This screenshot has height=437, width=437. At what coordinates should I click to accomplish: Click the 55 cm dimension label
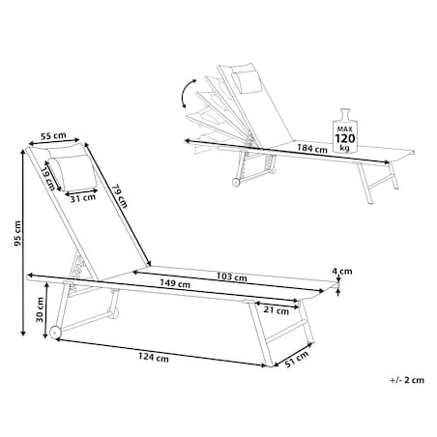pyautogui.click(x=53, y=135)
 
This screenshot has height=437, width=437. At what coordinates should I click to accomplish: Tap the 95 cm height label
pyautogui.click(x=17, y=233)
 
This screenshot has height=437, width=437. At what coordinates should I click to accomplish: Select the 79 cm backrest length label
pyautogui.click(x=120, y=195)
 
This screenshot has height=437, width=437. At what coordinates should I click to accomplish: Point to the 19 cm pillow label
pyautogui.click(x=47, y=179)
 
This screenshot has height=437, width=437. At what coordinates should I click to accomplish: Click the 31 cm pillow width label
pyautogui.click(x=83, y=198)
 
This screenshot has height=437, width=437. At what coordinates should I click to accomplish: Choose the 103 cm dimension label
pyautogui.click(x=232, y=277)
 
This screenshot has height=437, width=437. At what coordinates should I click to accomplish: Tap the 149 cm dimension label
pyautogui.click(x=175, y=283)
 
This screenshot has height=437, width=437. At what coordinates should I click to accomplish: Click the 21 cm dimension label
pyautogui.click(x=277, y=310)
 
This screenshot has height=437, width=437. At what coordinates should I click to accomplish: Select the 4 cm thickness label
pyautogui.click(x=342, y=272)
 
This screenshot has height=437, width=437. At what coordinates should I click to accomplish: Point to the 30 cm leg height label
pyautogui.click(x=40, y=309)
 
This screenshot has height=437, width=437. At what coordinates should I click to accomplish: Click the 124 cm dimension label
pyautogui.click(x=154, y=358)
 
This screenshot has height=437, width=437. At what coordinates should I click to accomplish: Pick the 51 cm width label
pyautogui.click(x=297, y=359)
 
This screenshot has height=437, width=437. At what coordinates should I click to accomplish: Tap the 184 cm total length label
pyautogui.click(x=312, y=149)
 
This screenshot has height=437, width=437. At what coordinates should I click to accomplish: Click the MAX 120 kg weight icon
pyautogui.click(x=345, y=131)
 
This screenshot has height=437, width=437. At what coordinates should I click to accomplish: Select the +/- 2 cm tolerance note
pyautogui.click(x=407, y=380)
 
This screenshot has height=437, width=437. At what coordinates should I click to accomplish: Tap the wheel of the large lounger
pyautogui.click(x=55, y=333)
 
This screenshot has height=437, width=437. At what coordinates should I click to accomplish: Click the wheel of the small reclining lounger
pyautogui.click(x=236, y=183)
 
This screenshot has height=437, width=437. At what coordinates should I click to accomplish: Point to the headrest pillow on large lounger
pyautogui.click(x=73, y=171)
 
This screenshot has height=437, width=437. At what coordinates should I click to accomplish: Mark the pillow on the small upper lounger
pyautogui.click(x=247, y=82)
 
